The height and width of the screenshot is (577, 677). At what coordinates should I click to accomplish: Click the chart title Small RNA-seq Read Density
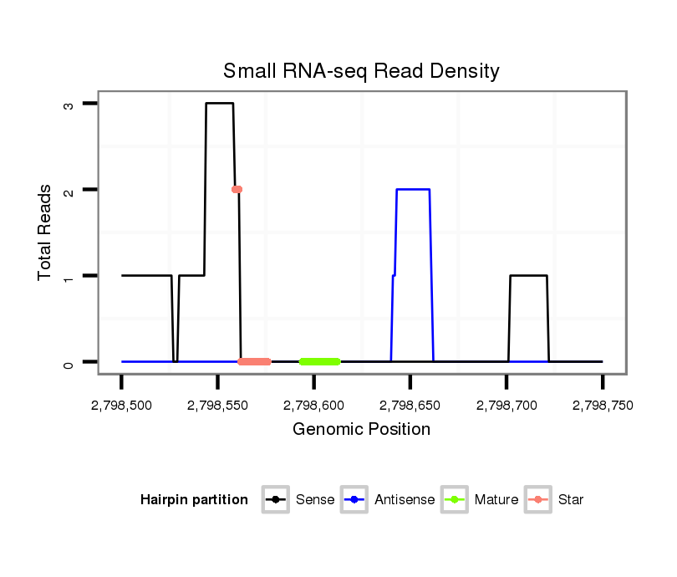361,71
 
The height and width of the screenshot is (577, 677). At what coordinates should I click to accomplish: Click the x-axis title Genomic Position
361,430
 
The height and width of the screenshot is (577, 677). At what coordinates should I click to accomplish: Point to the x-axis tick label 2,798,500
122,406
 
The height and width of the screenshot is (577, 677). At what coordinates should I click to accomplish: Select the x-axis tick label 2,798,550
218,406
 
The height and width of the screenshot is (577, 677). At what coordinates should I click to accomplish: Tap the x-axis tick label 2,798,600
314,406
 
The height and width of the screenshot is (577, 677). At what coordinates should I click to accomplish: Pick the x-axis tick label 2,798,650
410,406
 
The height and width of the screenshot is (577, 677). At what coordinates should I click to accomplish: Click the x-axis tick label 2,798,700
506,406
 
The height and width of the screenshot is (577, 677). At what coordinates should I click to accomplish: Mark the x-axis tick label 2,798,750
603,406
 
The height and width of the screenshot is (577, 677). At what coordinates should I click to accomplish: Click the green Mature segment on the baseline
320,361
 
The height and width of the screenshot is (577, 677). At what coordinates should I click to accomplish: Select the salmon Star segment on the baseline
254,361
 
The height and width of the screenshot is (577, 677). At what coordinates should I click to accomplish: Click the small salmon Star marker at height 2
237,190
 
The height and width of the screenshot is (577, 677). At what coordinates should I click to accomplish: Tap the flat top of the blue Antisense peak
413,190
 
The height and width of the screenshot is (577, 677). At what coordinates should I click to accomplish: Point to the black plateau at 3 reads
220,104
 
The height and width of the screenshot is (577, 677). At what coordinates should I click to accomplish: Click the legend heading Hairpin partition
194,500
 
